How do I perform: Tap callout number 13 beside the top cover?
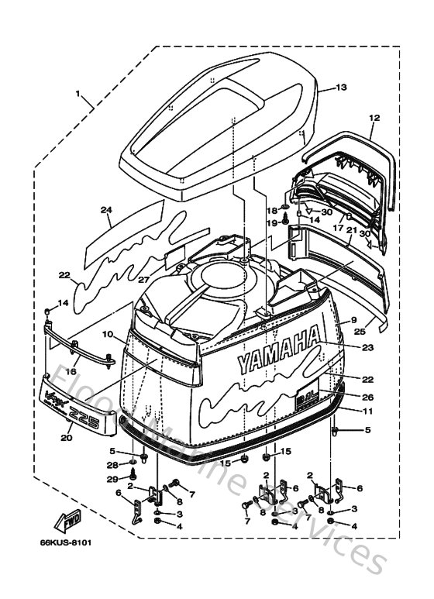[343, 88]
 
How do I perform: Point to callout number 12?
[374, 118]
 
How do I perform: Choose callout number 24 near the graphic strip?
[106, 210]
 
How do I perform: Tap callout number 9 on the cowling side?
[352, 319]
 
